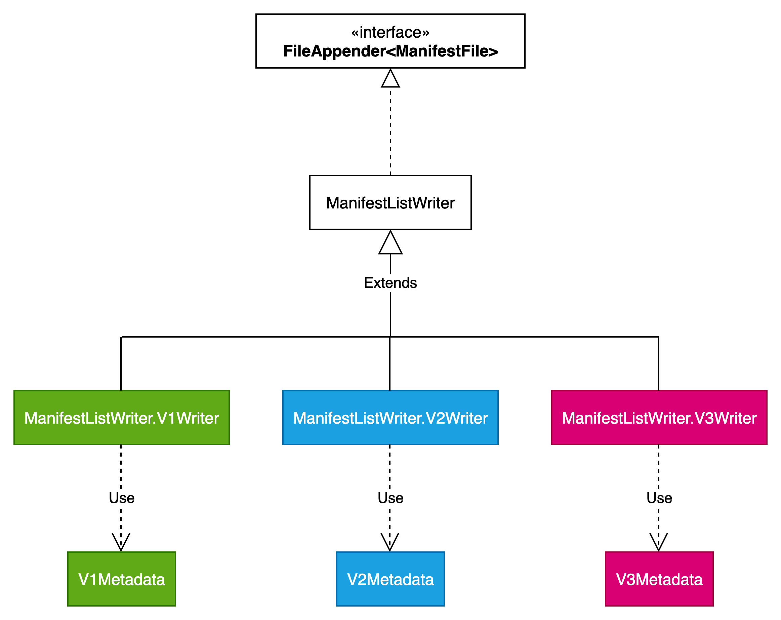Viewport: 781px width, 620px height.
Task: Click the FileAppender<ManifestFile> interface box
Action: (390, 41)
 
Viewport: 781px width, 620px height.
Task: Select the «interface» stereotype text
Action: (390, 32)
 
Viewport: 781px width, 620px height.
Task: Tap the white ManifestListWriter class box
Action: (390, 202)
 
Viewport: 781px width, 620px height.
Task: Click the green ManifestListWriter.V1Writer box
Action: (121, 418)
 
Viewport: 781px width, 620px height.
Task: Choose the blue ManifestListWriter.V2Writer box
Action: (390, 418)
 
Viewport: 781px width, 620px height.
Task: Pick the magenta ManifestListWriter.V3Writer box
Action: (659, 418)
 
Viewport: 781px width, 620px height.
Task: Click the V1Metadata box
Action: (121, 579)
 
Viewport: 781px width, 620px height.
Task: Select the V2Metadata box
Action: (390, 579)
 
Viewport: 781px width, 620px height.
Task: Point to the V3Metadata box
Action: (659, 579)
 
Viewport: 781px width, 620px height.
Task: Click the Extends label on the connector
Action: (390, 283)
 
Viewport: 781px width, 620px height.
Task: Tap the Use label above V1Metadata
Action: (121, 498)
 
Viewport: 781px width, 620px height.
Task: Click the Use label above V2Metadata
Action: (390, 498)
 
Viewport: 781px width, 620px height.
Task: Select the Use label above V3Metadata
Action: (659, 498)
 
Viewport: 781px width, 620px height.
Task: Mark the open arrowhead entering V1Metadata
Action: (121, 542)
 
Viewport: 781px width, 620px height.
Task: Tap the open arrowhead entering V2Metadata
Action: (389, 542)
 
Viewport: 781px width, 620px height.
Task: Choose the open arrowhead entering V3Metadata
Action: (658, 542)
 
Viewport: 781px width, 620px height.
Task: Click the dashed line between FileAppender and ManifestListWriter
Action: (390, 131)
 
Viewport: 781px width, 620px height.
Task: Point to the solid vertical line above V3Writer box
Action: (658, 363)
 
